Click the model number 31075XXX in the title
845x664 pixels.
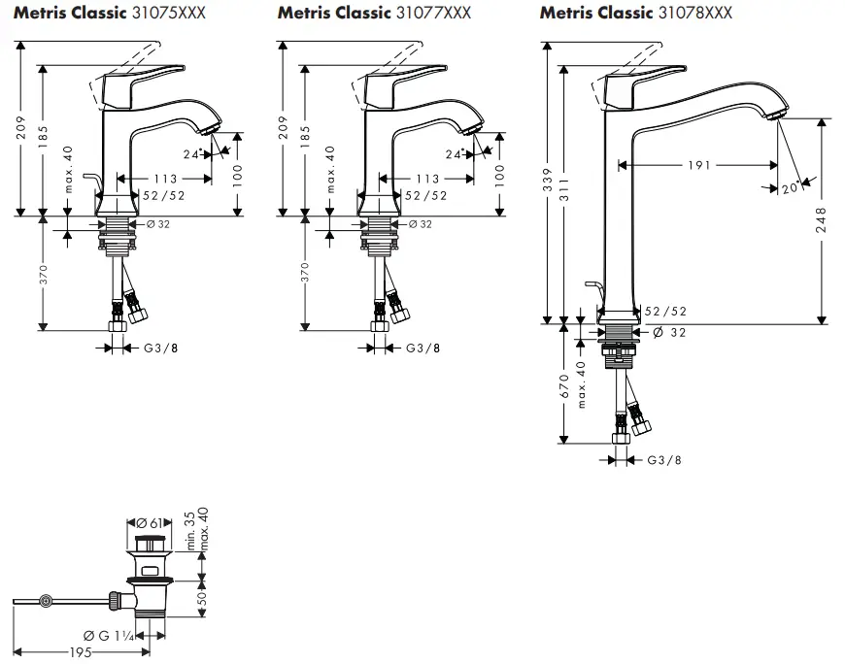pyautogui.click(x=170, y=13)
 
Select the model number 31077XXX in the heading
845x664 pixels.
pyautogui.click(x=432, y=13)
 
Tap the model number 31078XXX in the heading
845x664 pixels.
pyautogui.click(x=694, y=13)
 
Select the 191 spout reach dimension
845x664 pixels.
pyautogui.click(x=699, y=165)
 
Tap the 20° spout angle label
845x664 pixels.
pyautogui.click(x=790, y=190)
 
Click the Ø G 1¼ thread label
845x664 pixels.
pyautogui.click(x=109, y=636)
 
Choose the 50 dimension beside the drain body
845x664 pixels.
pyautogui.click(x=202, y=598)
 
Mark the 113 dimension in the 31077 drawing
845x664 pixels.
pyautogui.click(x=427, y=179)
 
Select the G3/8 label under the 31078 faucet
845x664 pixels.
pyautogui.click(x=663, y=459)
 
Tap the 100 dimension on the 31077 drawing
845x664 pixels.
pyautogui.click(x=500, y=175)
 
